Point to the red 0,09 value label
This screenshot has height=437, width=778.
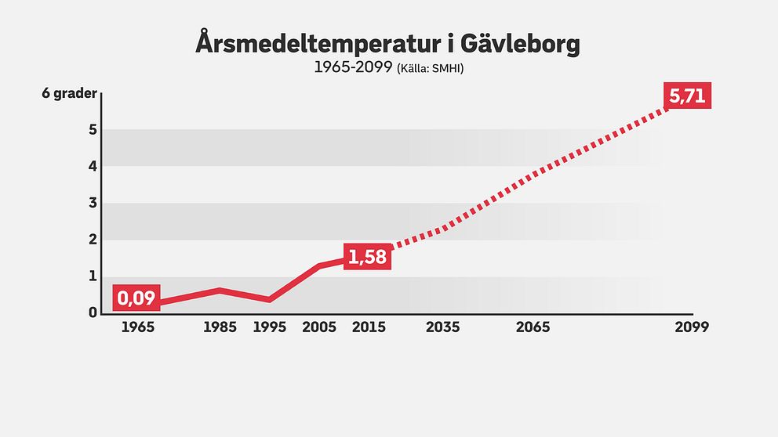point(137,298)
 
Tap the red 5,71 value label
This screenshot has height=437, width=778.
point(688,97)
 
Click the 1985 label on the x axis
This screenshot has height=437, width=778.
point(220,327)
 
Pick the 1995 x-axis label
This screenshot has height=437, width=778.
point(270,327)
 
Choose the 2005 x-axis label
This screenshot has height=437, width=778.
point(319,327)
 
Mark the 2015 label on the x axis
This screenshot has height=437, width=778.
point(369,327)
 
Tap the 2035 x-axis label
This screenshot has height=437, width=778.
point(443,327)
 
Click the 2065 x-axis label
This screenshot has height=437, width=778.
point(533,327)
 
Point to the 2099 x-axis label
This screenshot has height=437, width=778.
point(692,327)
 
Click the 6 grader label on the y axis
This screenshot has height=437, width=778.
point(69,94)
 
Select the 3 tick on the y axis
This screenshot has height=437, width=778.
point(93,203)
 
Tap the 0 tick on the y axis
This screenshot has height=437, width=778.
point(93,312)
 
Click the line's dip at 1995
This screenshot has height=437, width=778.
point(270,299)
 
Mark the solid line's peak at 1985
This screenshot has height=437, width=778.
point(220,291)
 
